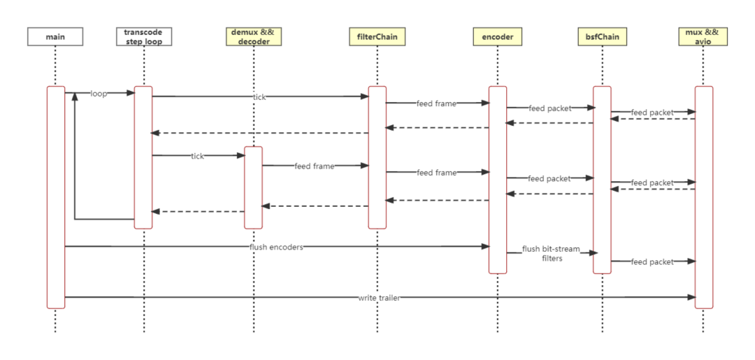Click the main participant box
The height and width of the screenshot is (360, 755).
pos(55,36)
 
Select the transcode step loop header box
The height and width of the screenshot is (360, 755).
pos(143,36)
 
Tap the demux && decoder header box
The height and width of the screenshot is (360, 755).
pos(254,36)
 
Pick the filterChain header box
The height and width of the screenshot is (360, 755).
pos(377,36)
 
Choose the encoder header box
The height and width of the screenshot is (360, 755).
pos(498,36)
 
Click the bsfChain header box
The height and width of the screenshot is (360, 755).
pos(602,36)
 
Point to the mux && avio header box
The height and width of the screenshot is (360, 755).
pos(703,36)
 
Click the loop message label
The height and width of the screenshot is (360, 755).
pos(99,94)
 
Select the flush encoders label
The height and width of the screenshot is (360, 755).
pos(276,247)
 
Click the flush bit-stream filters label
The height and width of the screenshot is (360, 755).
pos(547,253)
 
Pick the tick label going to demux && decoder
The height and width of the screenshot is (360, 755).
pos(197,156)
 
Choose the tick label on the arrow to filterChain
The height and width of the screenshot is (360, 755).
pos(259,97)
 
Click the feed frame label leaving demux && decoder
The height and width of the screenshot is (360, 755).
pos(314,166)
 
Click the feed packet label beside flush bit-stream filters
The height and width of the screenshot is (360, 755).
pos(652,261)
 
